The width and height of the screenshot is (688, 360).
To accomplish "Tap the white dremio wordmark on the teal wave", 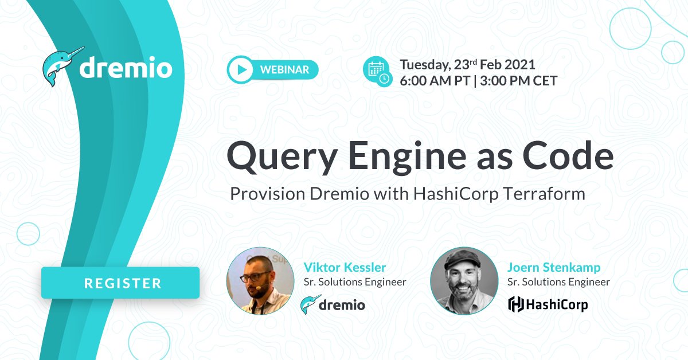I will pos(126,68).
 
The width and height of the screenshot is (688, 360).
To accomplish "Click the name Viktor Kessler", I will pos(345,267).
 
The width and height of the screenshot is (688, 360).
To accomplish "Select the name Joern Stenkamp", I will pos(554,267).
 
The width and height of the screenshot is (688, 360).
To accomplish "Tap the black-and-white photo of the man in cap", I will pos(464,281).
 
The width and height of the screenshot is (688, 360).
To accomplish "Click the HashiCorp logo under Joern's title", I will pos(548,304).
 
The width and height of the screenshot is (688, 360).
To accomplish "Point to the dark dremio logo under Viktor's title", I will pos(333,304).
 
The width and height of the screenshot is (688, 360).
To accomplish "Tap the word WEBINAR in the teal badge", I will pos(285,70).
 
